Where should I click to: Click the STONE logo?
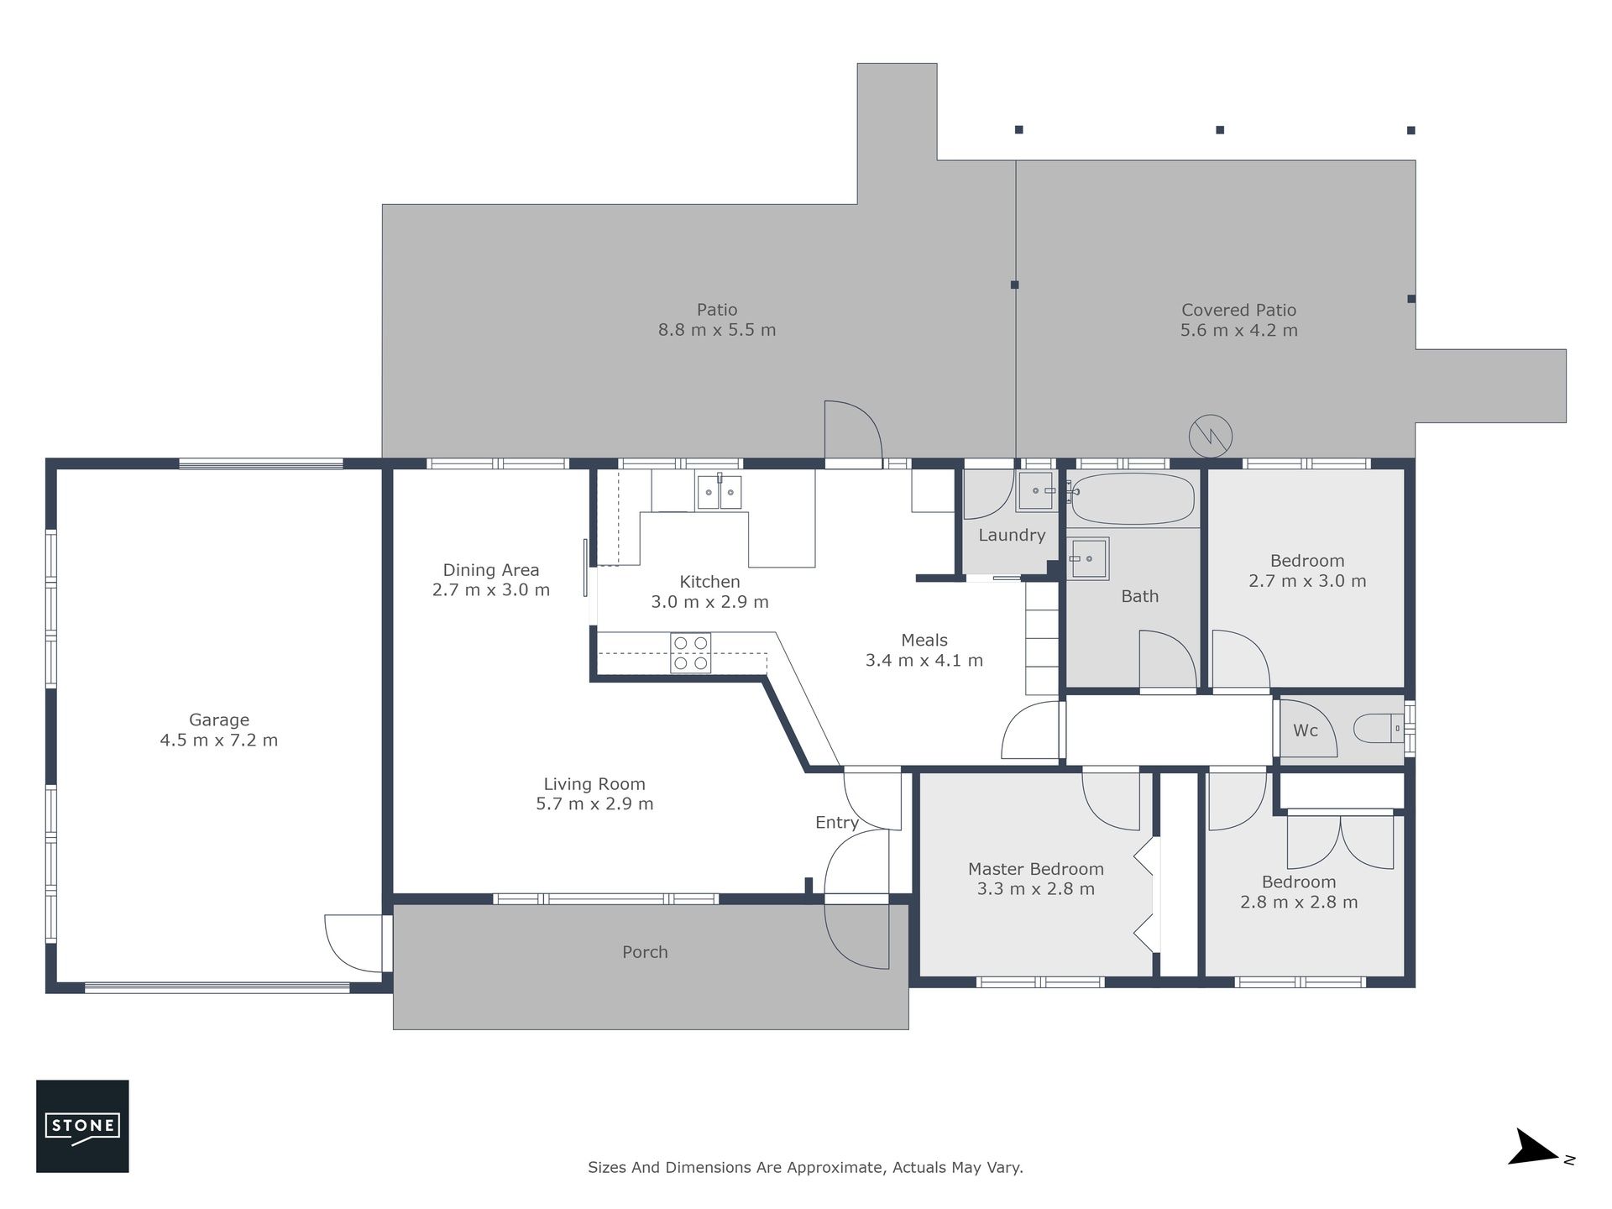82,1126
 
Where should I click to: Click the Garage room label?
219,720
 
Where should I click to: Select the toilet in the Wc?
1378,729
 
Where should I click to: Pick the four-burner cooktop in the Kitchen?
691,653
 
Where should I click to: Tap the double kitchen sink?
720,492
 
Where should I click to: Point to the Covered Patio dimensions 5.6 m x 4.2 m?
1239,331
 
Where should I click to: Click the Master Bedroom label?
1036,869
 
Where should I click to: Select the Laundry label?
1012,536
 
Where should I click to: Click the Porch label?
645,952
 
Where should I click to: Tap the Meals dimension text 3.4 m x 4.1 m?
924,661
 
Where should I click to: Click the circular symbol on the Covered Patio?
1211,437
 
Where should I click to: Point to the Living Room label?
594,784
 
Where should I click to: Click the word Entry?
837,823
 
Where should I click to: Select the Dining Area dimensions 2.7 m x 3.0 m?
491,590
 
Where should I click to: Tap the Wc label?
1306,730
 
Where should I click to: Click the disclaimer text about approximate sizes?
805,1167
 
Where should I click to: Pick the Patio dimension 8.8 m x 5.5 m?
717,330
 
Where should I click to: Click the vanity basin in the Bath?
1088,558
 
